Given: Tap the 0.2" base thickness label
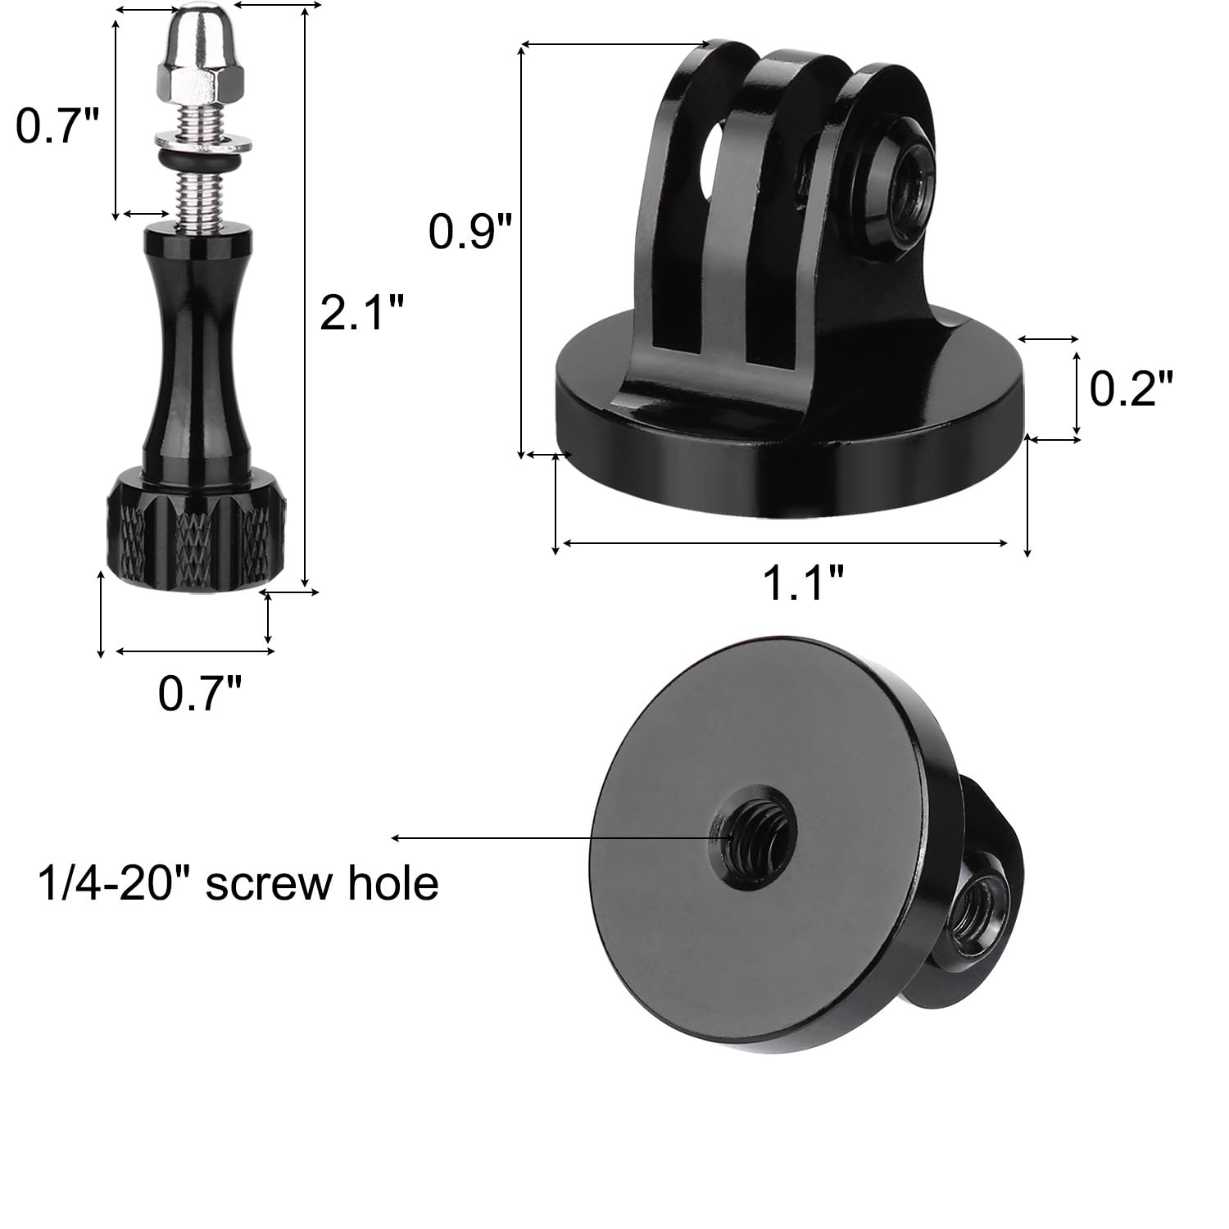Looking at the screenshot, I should [1131, 388].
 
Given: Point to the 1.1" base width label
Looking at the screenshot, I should [803, 583].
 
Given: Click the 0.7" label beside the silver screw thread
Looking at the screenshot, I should [57, 126].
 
